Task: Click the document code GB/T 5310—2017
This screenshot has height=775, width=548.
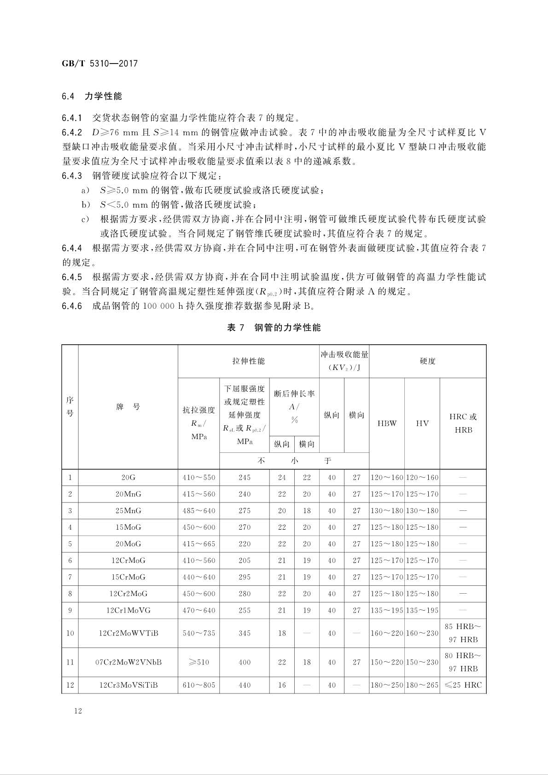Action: pyautogui.click(x=99, y=64)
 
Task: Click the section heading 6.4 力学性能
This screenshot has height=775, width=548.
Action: pyautogui.click(x=92, y=96)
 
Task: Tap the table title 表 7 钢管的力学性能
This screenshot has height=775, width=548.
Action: pyautogui.click(x=274, y=328)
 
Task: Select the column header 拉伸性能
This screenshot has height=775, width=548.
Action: pyautogui.click(x=248, y=361)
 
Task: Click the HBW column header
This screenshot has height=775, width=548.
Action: pyautogui.click(x=386, y=423)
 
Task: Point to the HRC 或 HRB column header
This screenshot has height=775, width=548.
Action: pyautogui.click(x=463, y=423)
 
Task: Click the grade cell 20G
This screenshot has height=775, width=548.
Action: pyautogui.click(x=128, y=478)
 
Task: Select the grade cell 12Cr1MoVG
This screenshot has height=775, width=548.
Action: pyautogui.click(x=128, y=610)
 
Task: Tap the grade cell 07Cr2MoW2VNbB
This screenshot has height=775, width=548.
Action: pyautogui.click(x=128, y=662)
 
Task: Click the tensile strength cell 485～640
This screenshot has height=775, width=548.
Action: pyautogui.click(x=198, y=511)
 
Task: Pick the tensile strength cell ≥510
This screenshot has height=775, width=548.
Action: pyautogui.click(x=198, y=662)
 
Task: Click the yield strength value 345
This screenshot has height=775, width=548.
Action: pyautogui.click(x=245, y=633)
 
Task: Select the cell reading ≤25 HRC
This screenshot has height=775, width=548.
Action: pyautogui.click(x=463, y=685)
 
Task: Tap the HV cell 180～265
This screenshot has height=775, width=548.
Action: pyautogui.click(x=422, y=685)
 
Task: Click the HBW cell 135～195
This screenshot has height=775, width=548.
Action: pyautogui.click(x=386, y=610)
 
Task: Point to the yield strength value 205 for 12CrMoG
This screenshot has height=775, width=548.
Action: pyautogui.click(x=245, y=561)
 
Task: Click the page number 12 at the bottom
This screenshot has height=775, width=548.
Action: pyautogui.click(x=77, y=711)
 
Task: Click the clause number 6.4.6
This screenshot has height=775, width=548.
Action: pyautogui.click(x=72, y=306)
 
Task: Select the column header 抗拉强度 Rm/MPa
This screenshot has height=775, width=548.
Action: pyautogui.click(x=198, y=423)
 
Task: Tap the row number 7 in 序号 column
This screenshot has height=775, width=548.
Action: pyautogui.click(x=70, y=577)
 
